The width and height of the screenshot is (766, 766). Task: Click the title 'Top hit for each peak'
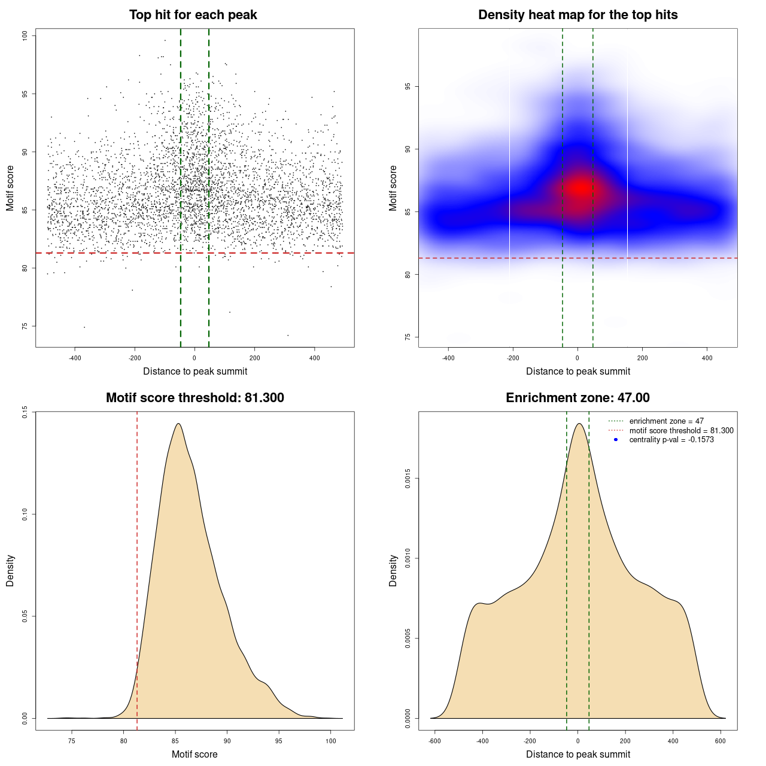(193, 15)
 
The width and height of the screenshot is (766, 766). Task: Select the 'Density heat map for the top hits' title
(577, 15)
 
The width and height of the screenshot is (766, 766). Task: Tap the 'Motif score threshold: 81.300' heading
(194, 398)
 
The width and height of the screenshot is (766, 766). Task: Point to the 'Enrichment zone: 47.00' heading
(577, 398)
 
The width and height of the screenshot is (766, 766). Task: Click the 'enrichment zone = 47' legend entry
(666, 421)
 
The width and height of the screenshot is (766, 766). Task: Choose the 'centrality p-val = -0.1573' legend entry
(671, 440)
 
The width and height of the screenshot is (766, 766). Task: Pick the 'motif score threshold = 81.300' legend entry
(681, 431)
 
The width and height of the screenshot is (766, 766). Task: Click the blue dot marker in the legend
(616, 440)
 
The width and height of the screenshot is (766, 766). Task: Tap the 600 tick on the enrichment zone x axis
(721, 741)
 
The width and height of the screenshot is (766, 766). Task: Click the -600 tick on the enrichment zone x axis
(435, 741)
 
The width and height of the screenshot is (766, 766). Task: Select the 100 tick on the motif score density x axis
(330, 741)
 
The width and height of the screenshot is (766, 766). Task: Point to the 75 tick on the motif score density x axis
(72, 741)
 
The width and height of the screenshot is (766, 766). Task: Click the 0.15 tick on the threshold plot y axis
(25, 412)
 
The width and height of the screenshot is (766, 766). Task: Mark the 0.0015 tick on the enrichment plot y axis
(408, 479)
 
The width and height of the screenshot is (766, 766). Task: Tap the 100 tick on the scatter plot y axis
(25, 36)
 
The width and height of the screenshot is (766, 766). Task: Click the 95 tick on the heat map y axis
(408, 87)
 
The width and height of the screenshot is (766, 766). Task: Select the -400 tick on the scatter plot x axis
(75, 358)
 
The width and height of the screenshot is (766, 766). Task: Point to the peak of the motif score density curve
(178, 424)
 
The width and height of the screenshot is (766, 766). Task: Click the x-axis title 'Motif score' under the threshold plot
(194, 754)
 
